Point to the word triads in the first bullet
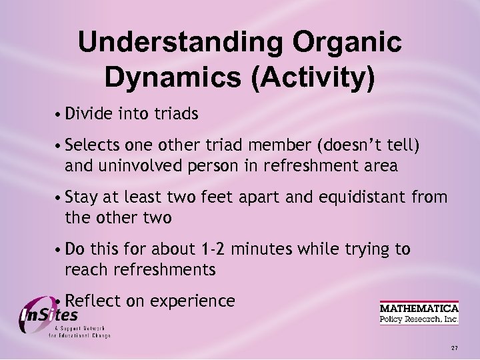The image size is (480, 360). (x=176, y=115)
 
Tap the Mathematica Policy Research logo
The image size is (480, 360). (x=419, y=313)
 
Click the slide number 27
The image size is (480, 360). (x=454, y=348)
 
